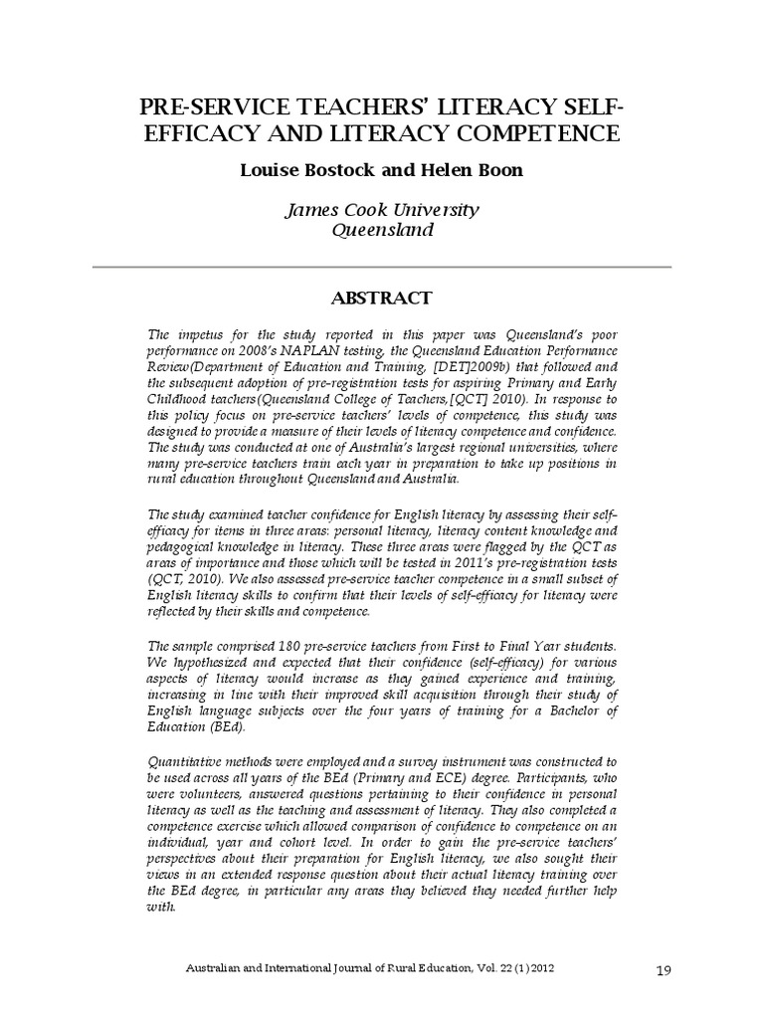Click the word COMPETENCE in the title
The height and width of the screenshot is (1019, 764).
point(537,133)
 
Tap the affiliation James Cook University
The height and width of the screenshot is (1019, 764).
point(382,211)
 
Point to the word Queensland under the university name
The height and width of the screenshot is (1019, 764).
point(382,231)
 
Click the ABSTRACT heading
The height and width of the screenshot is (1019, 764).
point(382,298)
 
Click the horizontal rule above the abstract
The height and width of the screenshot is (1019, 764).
point(382,266)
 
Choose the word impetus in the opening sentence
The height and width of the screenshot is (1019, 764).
point(192,336)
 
